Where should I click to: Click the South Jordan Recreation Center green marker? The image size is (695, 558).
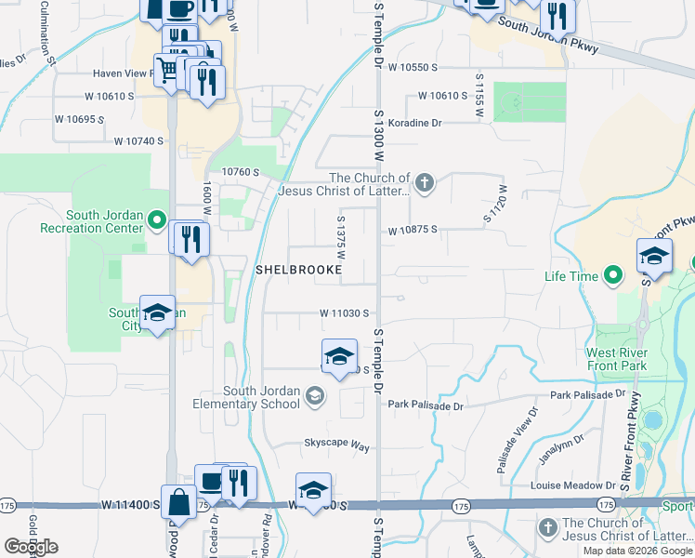click(x=157, y=221)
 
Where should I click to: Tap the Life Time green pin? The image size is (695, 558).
click(x=612, y=275)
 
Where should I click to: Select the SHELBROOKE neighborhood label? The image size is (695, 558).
click(x=298, y=270)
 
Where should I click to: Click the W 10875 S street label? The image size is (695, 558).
click(x=412, y=230)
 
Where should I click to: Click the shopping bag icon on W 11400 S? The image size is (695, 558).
click(x=177, y=503)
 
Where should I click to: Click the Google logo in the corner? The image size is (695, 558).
click(x=31, y=547)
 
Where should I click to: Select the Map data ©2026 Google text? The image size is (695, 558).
click(x=637, y=551)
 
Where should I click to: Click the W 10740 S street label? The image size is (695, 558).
click(x=138, y=141)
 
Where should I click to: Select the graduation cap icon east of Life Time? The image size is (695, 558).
click(x=654, y=257)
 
